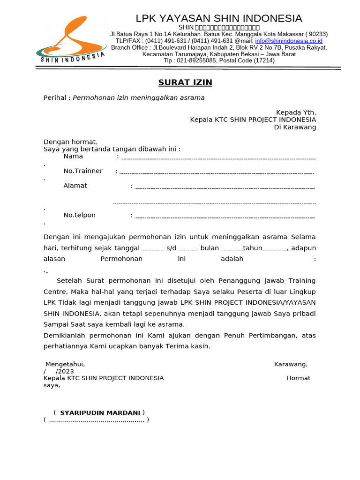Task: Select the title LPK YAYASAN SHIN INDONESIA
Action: tap(219, 19)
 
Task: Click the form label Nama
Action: tap(73, 157)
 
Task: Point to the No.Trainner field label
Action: tap(83, 171)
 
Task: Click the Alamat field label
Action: tap(75, 186)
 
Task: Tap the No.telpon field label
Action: tap(79, 215)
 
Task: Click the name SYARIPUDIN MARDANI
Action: tap(100, 413)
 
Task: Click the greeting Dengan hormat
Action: tap(70, 142)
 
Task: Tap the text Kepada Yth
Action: tap(296, 112)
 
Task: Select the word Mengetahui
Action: tap(65, 364)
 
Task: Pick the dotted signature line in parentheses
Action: tap(96, 420)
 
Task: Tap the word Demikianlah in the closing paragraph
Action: tap(65, 336)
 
